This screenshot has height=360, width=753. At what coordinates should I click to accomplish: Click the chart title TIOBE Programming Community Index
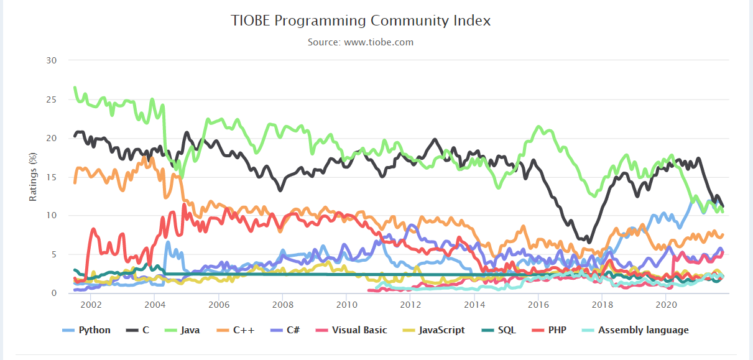[x=361, y=21]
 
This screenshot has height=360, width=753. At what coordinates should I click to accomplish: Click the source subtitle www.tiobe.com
[x=361, y=42]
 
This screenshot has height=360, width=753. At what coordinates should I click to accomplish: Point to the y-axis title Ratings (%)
[x=34, y=177]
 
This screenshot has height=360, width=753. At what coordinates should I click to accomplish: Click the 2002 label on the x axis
[x=91, y=305]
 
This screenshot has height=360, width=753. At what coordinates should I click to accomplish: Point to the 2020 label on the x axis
[x=666, y=305]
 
